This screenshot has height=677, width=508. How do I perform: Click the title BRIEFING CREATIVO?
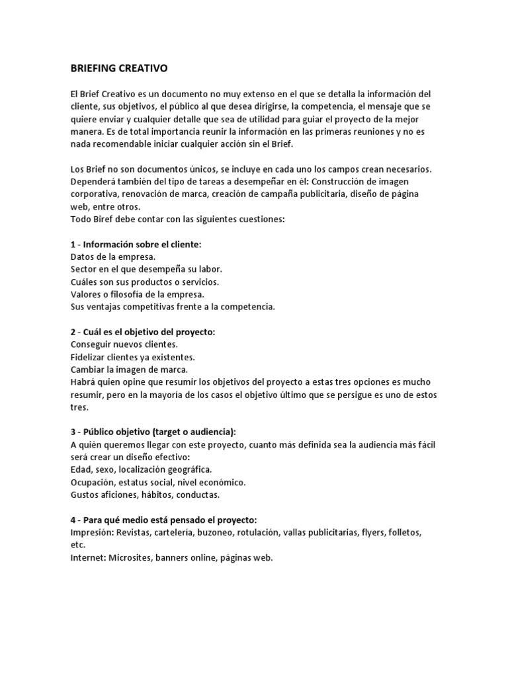119,68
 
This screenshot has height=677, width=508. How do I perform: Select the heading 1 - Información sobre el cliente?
136,244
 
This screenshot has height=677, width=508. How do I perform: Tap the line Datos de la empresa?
112,257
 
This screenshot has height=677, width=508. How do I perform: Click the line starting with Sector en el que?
146,269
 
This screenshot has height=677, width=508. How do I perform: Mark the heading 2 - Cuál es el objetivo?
143,332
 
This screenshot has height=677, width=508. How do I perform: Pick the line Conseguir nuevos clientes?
124,344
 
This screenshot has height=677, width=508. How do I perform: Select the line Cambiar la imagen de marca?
129,370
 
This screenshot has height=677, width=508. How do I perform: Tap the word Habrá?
83,382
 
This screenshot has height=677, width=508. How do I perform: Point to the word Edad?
81,469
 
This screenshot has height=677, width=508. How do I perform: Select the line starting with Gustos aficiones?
145,495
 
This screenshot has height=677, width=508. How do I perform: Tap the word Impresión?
93,532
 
